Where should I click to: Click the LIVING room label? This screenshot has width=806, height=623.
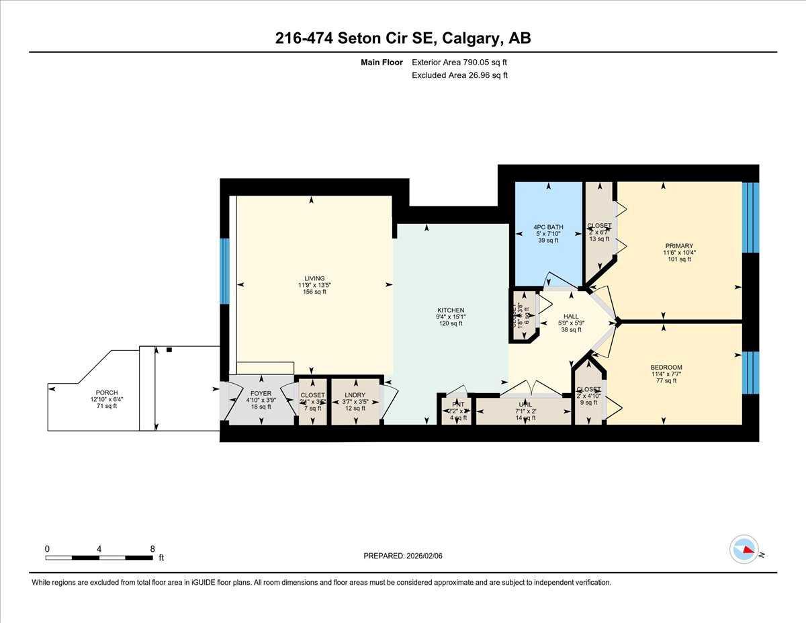pos(314,278)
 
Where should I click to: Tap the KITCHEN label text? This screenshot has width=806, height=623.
pos(450,310)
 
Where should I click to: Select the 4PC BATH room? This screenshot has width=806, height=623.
pos(548,226)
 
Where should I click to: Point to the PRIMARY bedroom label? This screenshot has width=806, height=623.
pos(680,246)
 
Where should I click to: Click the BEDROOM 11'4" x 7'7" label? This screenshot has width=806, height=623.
pos(666,367)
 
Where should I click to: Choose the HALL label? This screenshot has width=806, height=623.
pos(571,317)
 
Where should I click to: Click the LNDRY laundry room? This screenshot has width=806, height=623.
pos(354,395)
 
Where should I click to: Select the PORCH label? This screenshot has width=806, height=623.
pos(106,392)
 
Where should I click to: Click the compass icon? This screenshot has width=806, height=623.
pos(744,549)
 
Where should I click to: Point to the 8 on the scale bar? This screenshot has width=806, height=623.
pos(153,549)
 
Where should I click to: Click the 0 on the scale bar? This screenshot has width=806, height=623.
pos(47,549)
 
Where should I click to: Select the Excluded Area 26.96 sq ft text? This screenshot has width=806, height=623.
pos(459,75)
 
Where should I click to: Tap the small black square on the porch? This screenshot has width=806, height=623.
pos(169,349)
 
